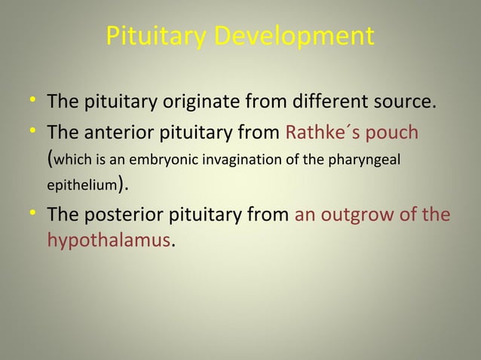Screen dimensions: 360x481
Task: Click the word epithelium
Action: point(79,185)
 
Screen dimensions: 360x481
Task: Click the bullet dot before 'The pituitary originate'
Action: point(33,101)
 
